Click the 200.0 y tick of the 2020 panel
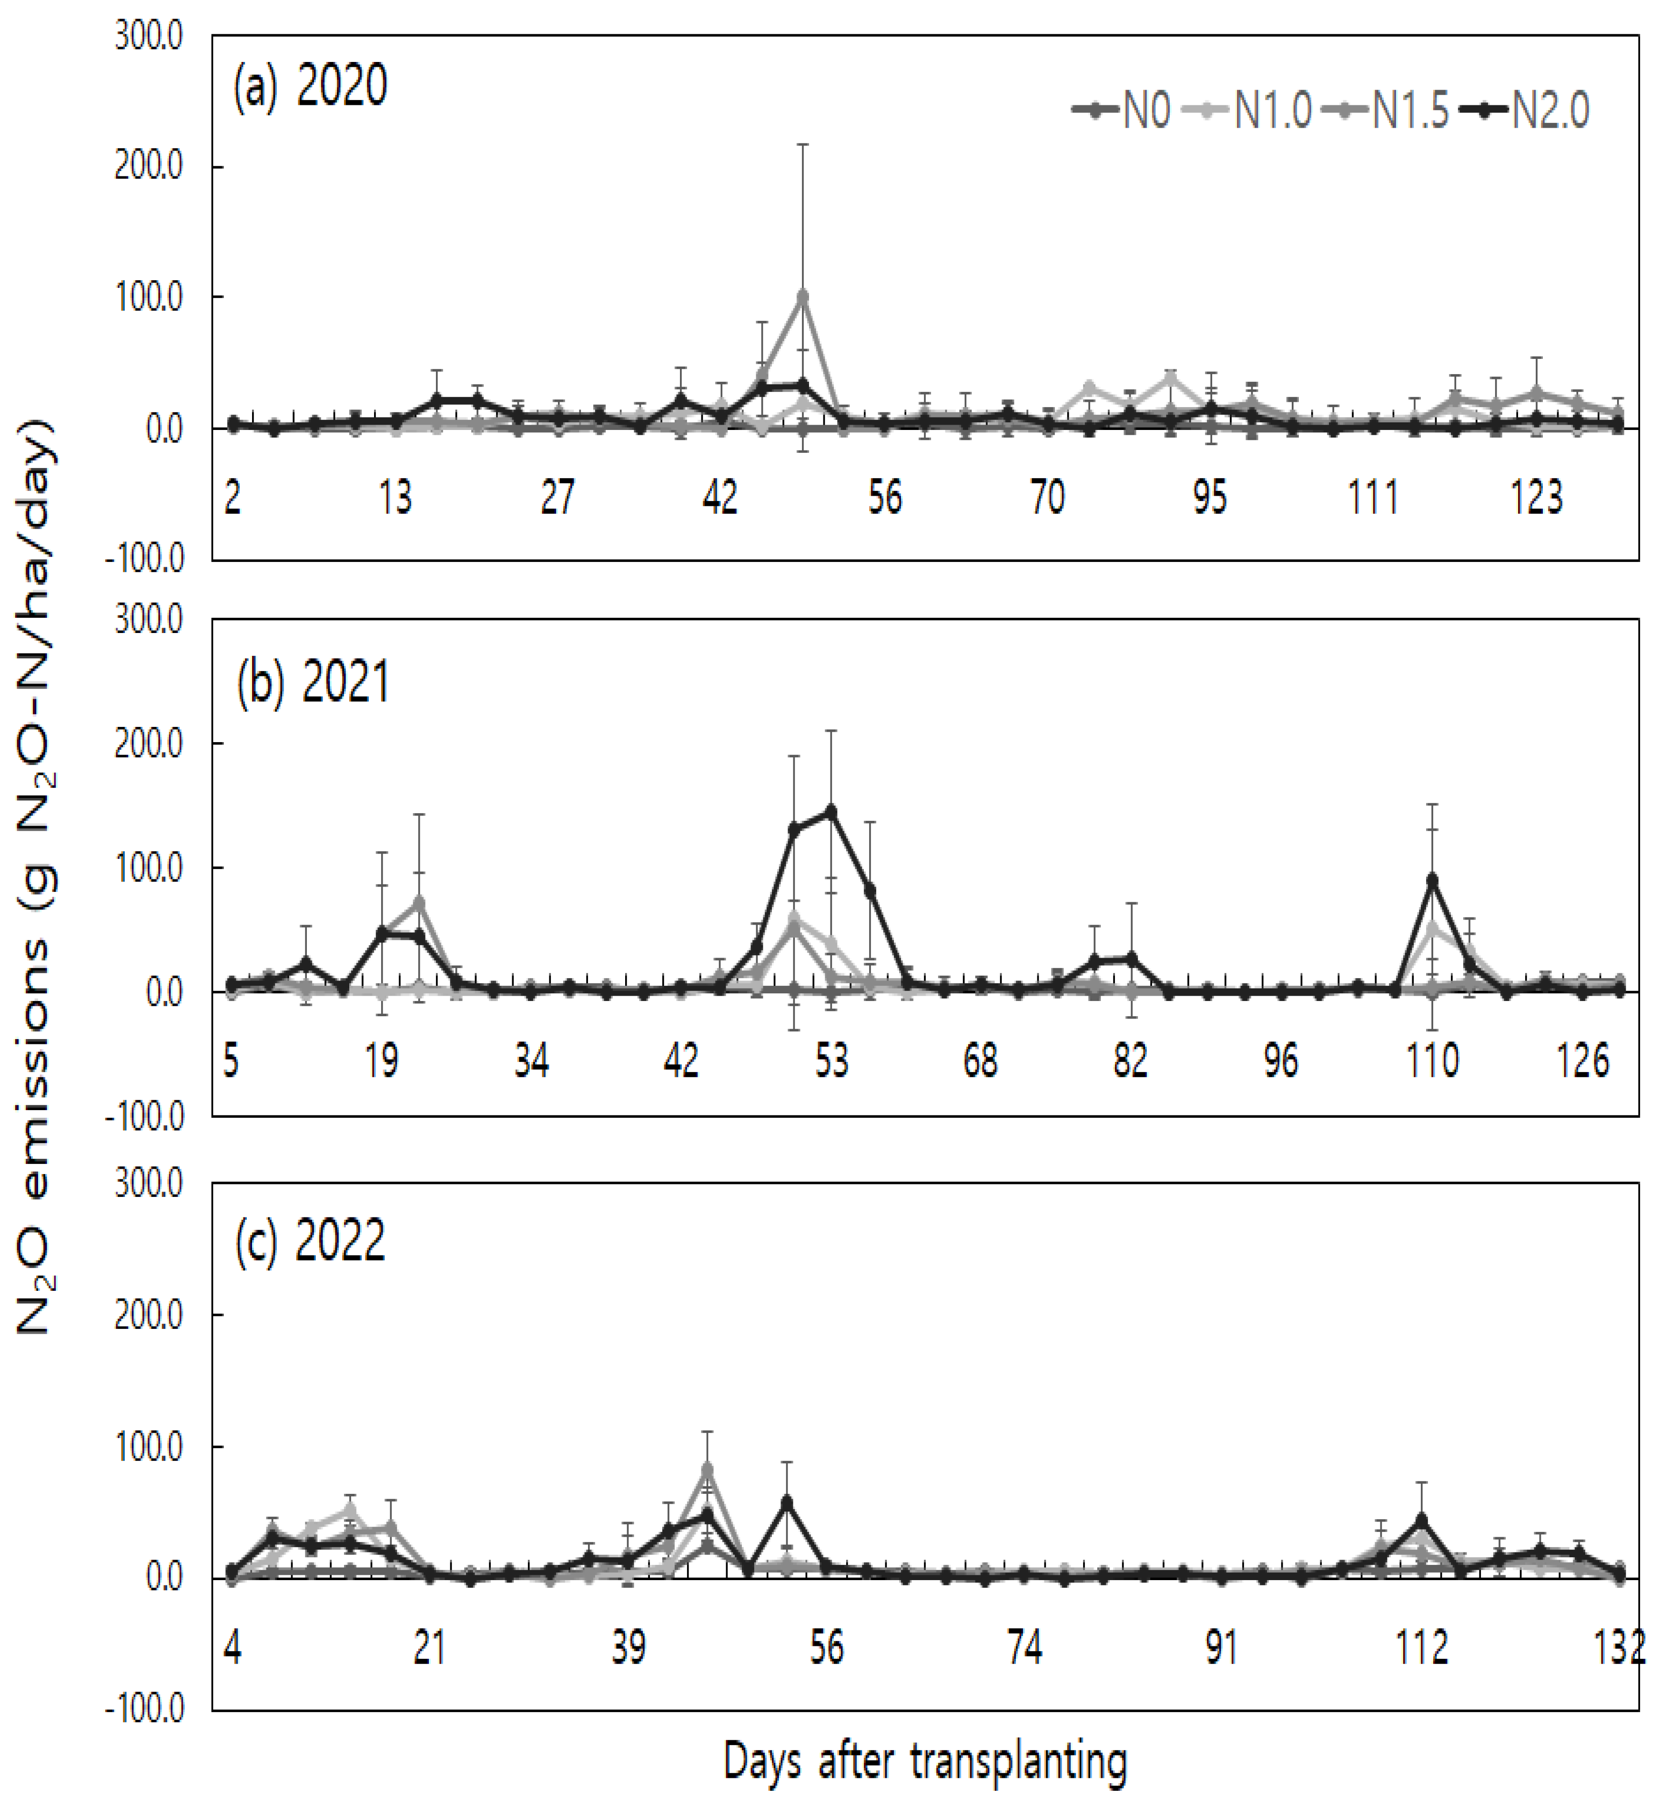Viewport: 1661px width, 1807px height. (x=148, y=167)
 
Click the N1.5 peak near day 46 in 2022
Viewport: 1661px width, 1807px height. (x=708, y=1469)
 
